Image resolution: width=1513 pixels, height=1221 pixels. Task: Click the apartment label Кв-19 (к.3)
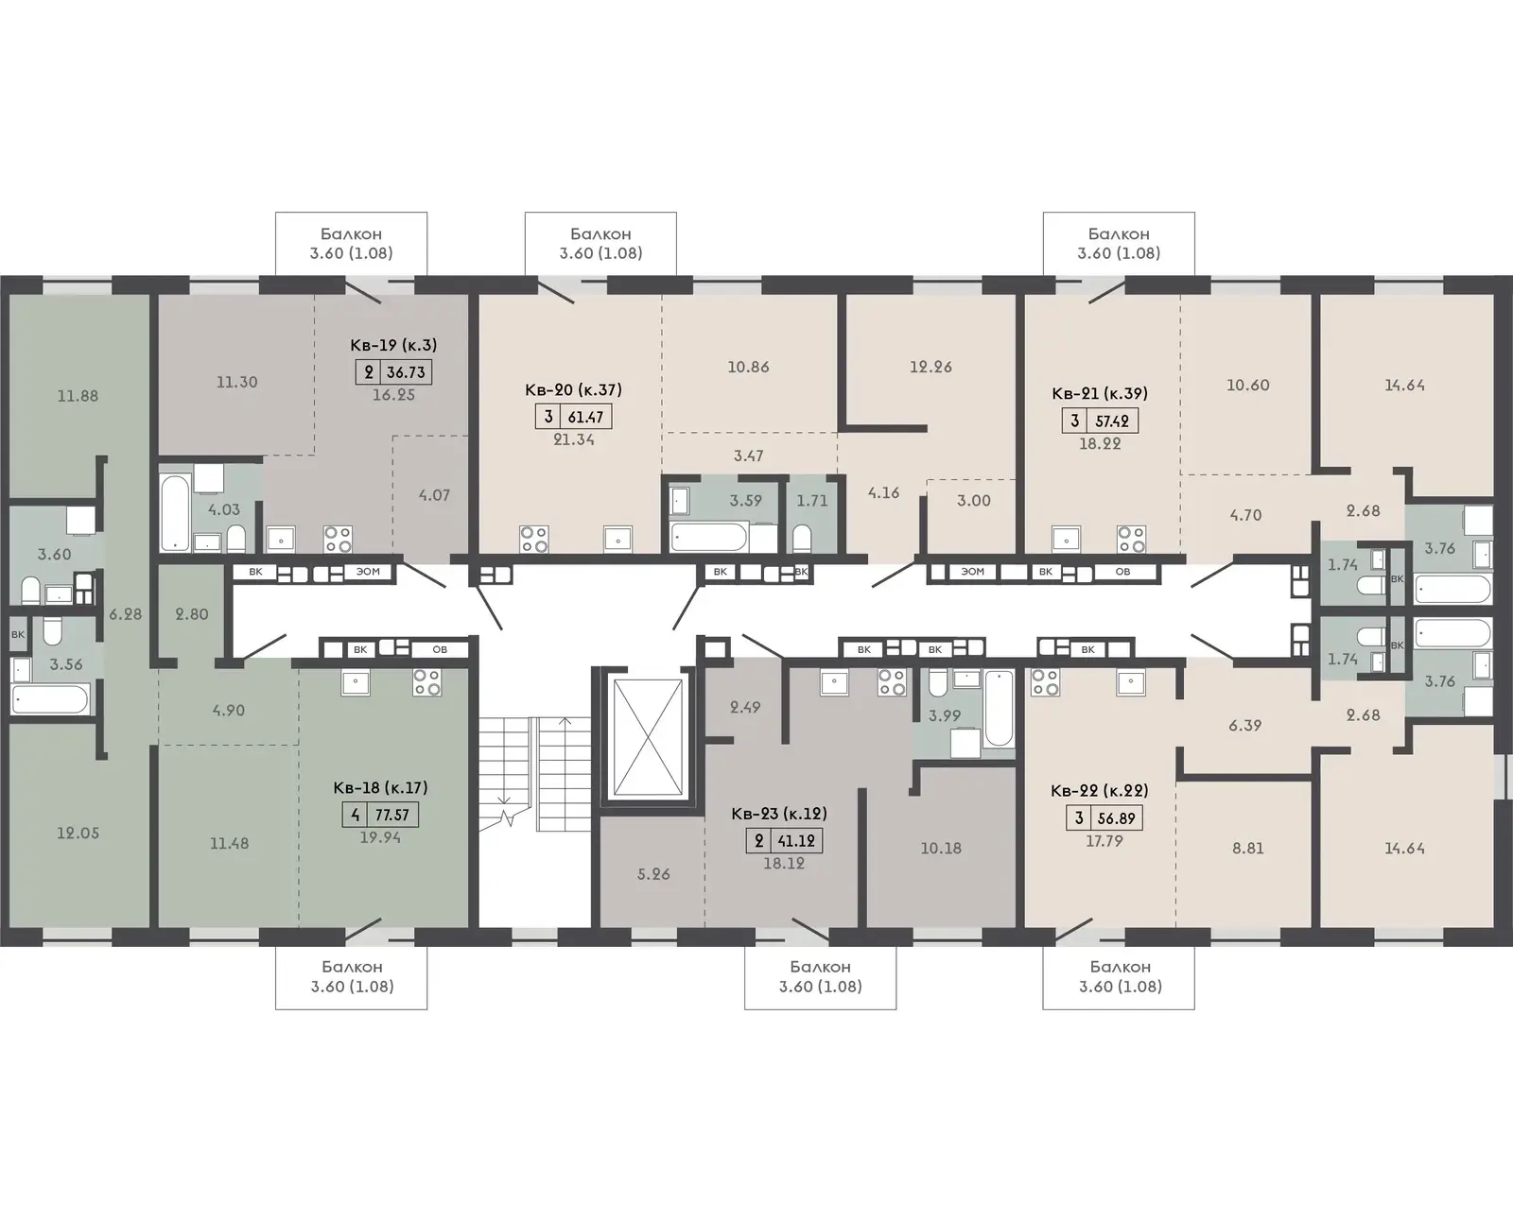click(393, 345)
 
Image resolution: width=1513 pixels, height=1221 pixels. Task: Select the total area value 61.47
click(585, 417)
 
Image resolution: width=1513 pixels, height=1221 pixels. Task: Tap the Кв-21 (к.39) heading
click(1100, 393)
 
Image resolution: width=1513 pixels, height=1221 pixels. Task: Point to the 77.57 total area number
click(391, 815)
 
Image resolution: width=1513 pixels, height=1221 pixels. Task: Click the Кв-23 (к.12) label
click(779, 814)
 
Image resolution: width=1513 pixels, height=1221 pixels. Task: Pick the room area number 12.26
click(930, 367)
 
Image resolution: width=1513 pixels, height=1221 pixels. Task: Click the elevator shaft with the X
click(647, 737)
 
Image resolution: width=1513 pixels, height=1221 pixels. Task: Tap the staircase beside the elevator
click(535, 774)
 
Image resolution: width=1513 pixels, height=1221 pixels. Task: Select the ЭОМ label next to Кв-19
click(367, 572)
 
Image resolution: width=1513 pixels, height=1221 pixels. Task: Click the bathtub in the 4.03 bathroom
click(175, 513)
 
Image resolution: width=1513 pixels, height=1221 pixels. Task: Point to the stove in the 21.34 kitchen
click(533, 538)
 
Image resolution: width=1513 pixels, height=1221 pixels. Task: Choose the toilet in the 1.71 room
click(802, 538)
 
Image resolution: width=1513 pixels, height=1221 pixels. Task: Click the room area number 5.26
click(652, 874)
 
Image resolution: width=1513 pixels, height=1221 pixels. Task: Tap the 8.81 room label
click(1248, 849)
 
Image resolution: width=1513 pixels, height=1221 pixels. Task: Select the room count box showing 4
click(356, 815)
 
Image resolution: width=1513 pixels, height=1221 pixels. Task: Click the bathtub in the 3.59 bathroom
click(708, 538)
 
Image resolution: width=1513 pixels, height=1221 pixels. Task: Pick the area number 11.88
click(78, 396)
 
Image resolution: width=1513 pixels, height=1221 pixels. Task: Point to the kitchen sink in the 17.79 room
click(1130, 683)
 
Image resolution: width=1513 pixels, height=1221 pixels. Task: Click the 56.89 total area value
click(1117, 817)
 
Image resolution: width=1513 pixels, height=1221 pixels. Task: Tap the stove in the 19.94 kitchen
click(426, 682)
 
